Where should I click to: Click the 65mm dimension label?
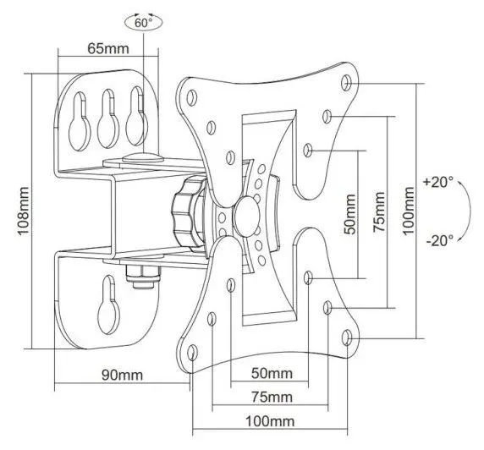coord(108,49)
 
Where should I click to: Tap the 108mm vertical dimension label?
coord(24,211)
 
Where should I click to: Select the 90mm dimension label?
coord(122,375)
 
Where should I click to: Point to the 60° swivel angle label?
coord(144,23)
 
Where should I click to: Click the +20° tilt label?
coord(438,182)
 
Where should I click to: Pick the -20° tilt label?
coord(439,240)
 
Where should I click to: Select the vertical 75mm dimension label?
coord(379,212)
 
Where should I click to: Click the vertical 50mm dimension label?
coord(350,214)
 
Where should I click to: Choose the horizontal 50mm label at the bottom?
coord(272,373)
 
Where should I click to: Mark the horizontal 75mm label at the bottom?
coord(272,397)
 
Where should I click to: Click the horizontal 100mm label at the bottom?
coord(270,421)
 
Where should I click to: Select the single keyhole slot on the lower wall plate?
coord(108,305)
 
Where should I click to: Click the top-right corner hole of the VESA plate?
coord(346,83)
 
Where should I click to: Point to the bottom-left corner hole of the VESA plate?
coord(192,352)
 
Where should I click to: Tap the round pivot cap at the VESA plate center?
coord(247,217)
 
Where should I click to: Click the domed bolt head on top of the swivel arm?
coord(143,157)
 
